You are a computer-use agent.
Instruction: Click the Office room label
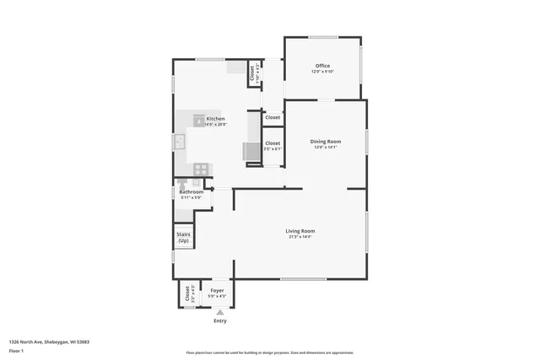tap(322, 66)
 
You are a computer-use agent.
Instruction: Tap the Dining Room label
tap(325, 141)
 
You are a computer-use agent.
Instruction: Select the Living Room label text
tap(300, 231)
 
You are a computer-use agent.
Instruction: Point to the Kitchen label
tap(215, 119)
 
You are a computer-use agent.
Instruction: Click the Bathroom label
tap(192, 191)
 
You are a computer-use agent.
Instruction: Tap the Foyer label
tap(217, 290)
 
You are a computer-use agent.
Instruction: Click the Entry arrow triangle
tap(220, 312)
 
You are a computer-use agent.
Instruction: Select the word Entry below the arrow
tap(220, 320)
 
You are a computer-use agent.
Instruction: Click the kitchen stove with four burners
tap(200, 169)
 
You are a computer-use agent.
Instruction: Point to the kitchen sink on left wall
tap(180, 142)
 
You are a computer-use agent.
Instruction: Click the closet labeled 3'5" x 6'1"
tap(273, 146)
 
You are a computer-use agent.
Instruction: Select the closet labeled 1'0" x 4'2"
tap(253, 73)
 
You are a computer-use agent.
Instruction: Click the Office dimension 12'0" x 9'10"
tap(322, 72)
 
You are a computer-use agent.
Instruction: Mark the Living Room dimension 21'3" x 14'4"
tap(300, 237)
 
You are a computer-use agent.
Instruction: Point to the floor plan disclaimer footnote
tap(269, 352)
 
